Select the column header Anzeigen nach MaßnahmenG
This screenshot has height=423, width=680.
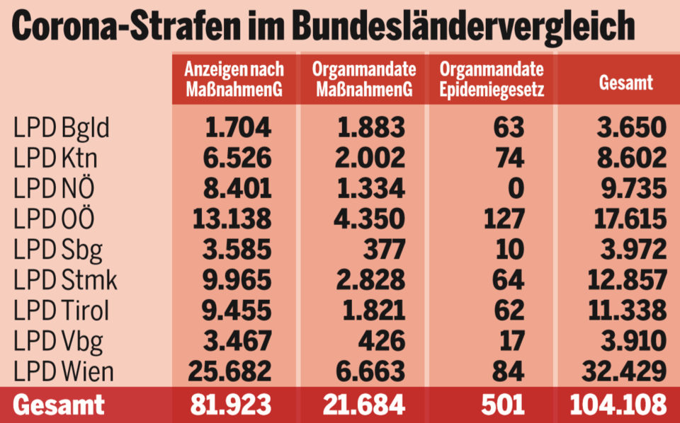tap(234, 79)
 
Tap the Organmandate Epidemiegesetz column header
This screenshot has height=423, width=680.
tap(492, 79)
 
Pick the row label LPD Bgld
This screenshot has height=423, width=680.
tap(62, 129)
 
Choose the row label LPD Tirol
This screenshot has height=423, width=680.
tap(62, 311)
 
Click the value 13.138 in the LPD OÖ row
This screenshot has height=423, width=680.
tap(228, 219)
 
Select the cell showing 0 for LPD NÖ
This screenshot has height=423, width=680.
tap(516, 189)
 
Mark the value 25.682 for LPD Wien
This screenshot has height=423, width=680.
tap(228, 371)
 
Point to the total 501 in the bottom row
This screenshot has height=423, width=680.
tap(503, 405)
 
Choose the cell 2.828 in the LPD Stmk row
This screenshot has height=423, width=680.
tap(363, 280)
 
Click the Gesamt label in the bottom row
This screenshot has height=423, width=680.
tap(59, 405)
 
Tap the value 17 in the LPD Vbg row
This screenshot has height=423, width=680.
tap(509, 341)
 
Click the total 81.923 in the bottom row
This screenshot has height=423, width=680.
tap(230, 405)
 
